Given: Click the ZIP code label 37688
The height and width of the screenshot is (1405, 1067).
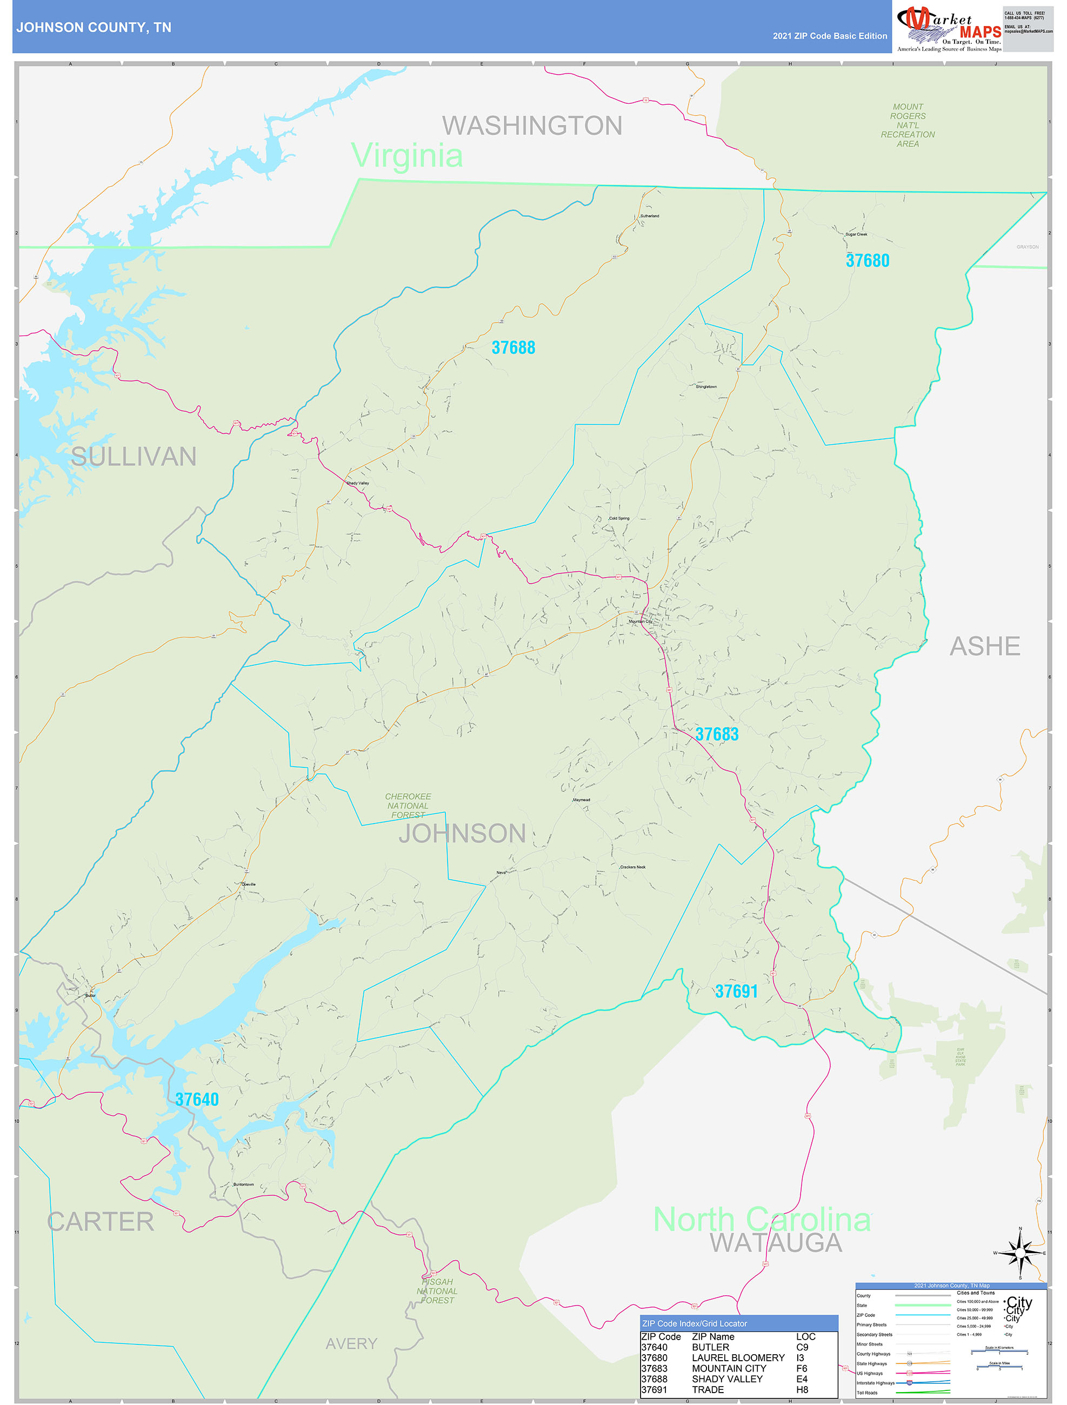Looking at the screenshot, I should (x=513, y=347).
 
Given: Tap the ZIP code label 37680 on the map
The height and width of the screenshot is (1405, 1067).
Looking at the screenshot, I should (x=867, y=260).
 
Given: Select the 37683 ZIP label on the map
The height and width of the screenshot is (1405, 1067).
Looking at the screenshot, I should (x=716, y=734).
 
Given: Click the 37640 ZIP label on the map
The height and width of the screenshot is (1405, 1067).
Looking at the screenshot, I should (x=197, y=1100).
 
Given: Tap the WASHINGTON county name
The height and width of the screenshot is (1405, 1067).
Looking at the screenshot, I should (x=532, y=126).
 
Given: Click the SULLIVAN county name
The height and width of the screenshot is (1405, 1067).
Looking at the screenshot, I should (x=134, y=457).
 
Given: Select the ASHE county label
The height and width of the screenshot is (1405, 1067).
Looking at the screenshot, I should (x=984, y=647).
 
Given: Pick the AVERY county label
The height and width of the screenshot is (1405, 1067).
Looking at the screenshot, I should (x=351, y=1343).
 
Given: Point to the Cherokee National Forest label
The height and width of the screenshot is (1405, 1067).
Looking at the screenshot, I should (x=408, y=805).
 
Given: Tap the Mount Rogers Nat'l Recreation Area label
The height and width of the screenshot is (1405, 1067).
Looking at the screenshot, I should (x=908, y=125).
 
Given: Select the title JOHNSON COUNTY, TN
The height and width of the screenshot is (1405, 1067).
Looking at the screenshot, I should (x=94, y=28).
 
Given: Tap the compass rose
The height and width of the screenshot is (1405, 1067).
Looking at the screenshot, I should (x=1020, y=1253).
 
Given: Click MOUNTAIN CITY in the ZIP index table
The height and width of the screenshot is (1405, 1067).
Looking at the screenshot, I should (x=728, y=1368).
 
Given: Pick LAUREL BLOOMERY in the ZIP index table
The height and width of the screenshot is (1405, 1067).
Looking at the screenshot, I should (x=738, y=1357).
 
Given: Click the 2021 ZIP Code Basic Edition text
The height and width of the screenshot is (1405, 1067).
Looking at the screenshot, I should (x=829, y=36).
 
